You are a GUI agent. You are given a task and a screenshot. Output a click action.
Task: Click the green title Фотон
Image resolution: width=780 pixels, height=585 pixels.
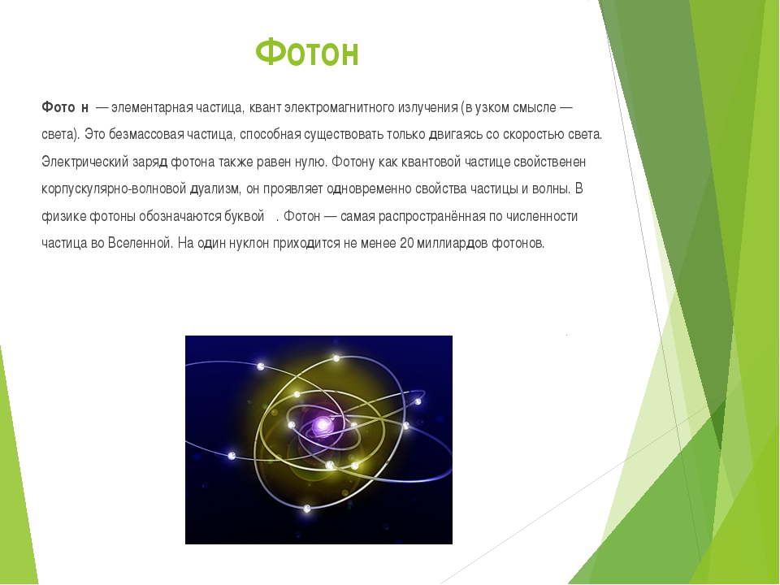tap(307, 52)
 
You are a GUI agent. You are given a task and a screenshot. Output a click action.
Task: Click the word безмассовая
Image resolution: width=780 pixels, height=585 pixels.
tap(145, 134)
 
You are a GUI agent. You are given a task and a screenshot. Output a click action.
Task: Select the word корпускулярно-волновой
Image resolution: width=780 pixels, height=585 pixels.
tap(114, 189)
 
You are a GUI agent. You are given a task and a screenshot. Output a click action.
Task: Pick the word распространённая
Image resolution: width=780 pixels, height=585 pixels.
tap(431, 216)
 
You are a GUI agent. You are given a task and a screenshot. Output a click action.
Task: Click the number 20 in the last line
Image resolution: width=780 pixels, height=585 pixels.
tap(406, 243)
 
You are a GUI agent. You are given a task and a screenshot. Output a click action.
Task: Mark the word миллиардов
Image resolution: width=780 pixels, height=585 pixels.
tap(453, 243)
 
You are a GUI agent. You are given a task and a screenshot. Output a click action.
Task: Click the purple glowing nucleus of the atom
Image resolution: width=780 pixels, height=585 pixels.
tap(323, 425)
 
